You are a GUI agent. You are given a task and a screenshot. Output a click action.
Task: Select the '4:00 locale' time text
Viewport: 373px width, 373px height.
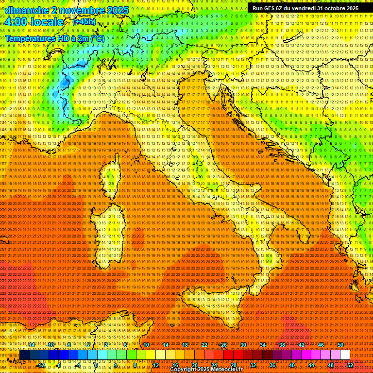click(x=34, y=22)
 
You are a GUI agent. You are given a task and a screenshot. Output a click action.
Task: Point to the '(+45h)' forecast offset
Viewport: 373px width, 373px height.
click(x=84, y=22)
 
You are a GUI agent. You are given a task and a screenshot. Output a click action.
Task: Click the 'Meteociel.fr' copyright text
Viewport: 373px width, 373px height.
click(x=228, y=369)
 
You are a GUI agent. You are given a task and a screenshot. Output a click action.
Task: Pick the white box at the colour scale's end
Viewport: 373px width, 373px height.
click(x=345, y=355)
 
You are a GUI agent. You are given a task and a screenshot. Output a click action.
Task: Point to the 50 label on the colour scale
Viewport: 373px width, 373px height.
click(x=340, y=345)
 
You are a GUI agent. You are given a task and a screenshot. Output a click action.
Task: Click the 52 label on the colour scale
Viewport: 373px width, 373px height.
click(x=350, y=365)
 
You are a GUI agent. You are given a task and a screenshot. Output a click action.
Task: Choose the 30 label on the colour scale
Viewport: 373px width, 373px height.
click(x=243, y=345)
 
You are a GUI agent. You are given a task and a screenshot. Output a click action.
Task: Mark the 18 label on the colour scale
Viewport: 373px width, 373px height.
click(x=185, y=345)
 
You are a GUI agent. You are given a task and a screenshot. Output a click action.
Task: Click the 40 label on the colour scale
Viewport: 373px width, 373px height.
click(x=292, y=365)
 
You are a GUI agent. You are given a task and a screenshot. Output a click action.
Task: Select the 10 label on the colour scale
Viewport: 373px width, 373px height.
click(x=146, y=345)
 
